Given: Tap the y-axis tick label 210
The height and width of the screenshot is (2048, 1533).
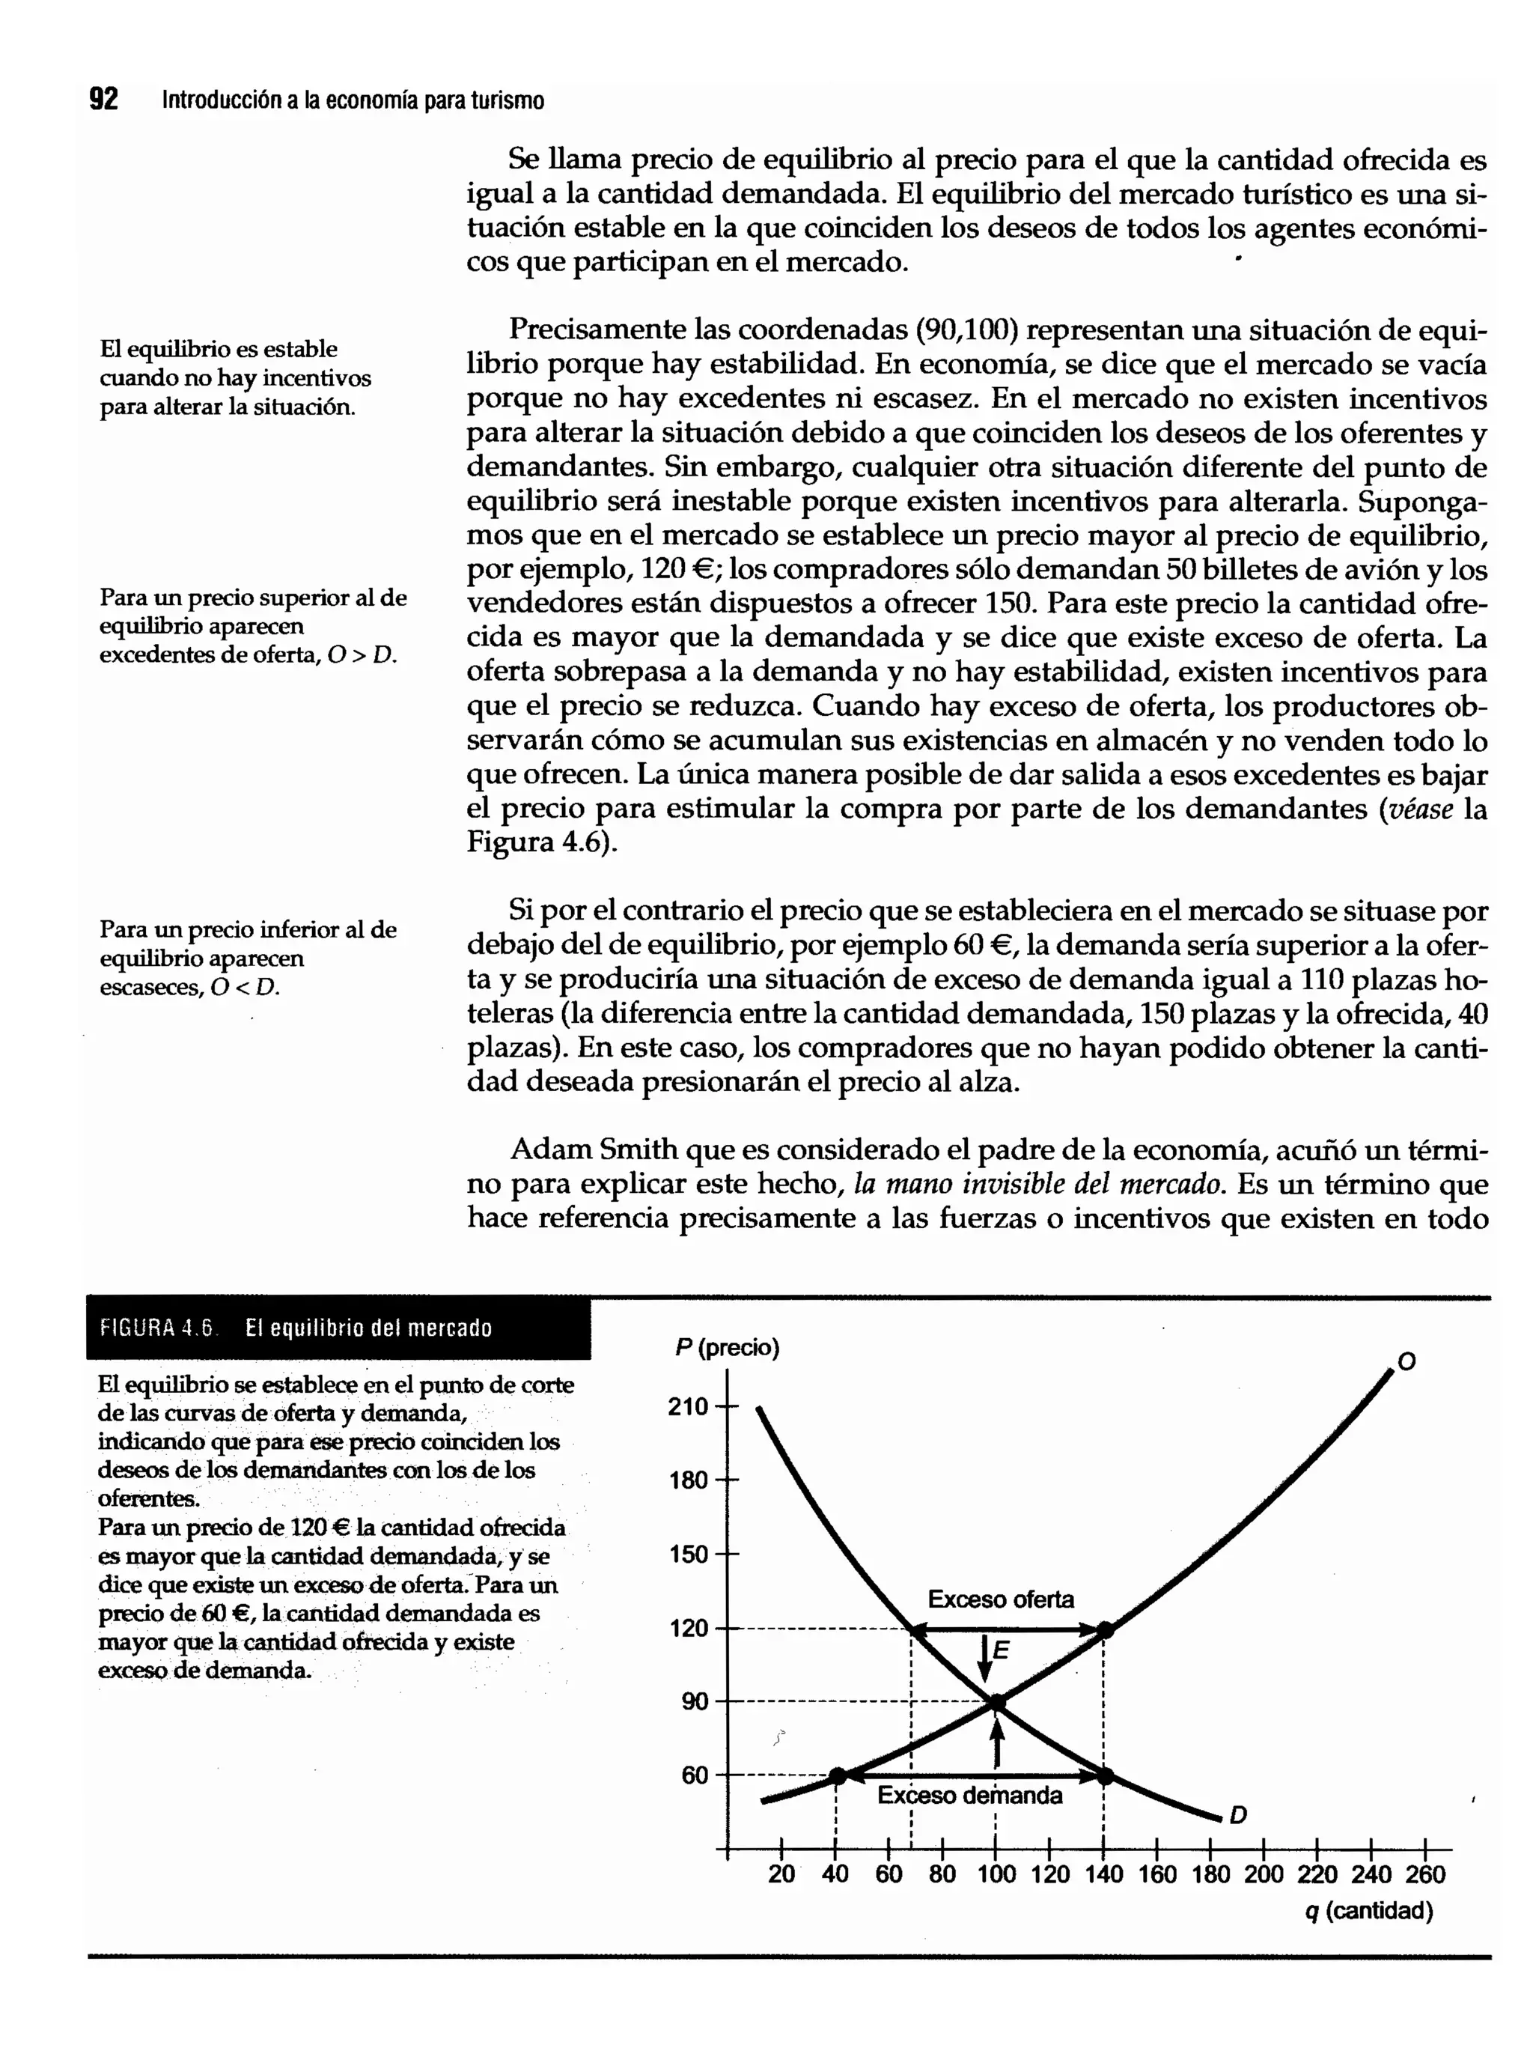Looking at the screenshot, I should pos(687,1406).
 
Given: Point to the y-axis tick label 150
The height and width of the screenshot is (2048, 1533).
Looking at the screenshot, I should pos(687,1554).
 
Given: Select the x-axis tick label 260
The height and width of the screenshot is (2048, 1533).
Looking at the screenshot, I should pos(1424,1875).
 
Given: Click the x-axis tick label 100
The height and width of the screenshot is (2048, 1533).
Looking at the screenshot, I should pos(996,1875).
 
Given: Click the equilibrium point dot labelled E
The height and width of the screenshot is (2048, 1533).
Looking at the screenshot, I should pos(997,1702).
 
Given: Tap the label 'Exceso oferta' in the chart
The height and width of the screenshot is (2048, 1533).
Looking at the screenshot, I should pos(1001,1599).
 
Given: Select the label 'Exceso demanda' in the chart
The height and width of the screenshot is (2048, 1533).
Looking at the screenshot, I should pos(969,1796).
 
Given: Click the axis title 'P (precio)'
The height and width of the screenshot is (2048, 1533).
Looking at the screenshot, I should pos(727,1348).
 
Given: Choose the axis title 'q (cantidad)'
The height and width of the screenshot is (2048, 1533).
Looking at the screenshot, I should pos(1368,1911).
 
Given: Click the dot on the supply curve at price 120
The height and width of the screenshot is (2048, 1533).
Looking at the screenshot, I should pos(1104,1629).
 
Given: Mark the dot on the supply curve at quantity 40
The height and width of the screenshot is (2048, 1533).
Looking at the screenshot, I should pos(837,1775).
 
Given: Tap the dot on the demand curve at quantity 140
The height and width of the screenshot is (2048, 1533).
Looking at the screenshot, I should pos(1104,1775).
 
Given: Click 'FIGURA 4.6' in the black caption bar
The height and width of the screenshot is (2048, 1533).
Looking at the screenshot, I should pos(156,1328).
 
